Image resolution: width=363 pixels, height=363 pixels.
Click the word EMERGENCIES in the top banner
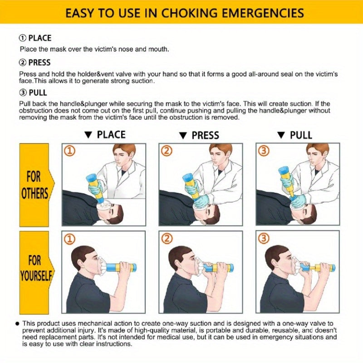(263, 13)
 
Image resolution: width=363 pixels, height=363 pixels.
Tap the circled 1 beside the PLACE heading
(22, 38)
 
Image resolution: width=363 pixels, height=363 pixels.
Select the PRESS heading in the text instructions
(39, 63)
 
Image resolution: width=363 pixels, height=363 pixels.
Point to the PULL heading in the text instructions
(38, 93)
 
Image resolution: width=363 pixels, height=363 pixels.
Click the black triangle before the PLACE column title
(88, 135)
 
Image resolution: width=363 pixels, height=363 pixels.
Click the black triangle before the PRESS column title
(183, 136)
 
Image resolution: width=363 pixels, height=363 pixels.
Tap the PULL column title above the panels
(301, 135)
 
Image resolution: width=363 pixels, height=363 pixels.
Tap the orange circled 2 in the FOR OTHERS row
(167, 151)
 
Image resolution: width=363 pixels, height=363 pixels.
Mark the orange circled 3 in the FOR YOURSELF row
(264, 239)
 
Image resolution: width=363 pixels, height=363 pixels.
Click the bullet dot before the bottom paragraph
(17, 324)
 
